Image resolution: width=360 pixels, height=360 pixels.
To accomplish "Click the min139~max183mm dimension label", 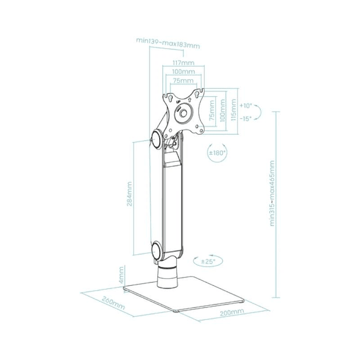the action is pyautogui.click(x=168, y=43).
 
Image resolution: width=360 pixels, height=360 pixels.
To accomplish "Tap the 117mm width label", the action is pyautogui.click(x=183, y=63).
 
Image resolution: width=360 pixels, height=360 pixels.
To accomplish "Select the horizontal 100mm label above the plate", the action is pyautogui.click(x=183, y=72).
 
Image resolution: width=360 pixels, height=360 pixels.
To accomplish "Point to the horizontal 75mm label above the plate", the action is pyautogui.click(x=183, y=81).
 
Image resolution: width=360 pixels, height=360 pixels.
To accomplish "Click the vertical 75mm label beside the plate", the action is pyautogui.click(x=212, y=111).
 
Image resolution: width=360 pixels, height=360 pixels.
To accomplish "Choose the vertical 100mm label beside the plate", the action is pyautogui.click(x=222, y=111).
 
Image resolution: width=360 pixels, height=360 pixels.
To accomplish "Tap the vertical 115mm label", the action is pyautogui.click(x=233, y=111).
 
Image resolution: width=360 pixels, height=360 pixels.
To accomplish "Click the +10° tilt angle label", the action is pyautogui.click(x=246, y=106).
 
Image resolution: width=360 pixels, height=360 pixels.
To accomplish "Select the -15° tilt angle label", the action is pyautogui.click(x=246, y=119).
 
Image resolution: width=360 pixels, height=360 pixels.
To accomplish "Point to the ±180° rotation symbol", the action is pyautogui.click(x=217, y=153).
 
